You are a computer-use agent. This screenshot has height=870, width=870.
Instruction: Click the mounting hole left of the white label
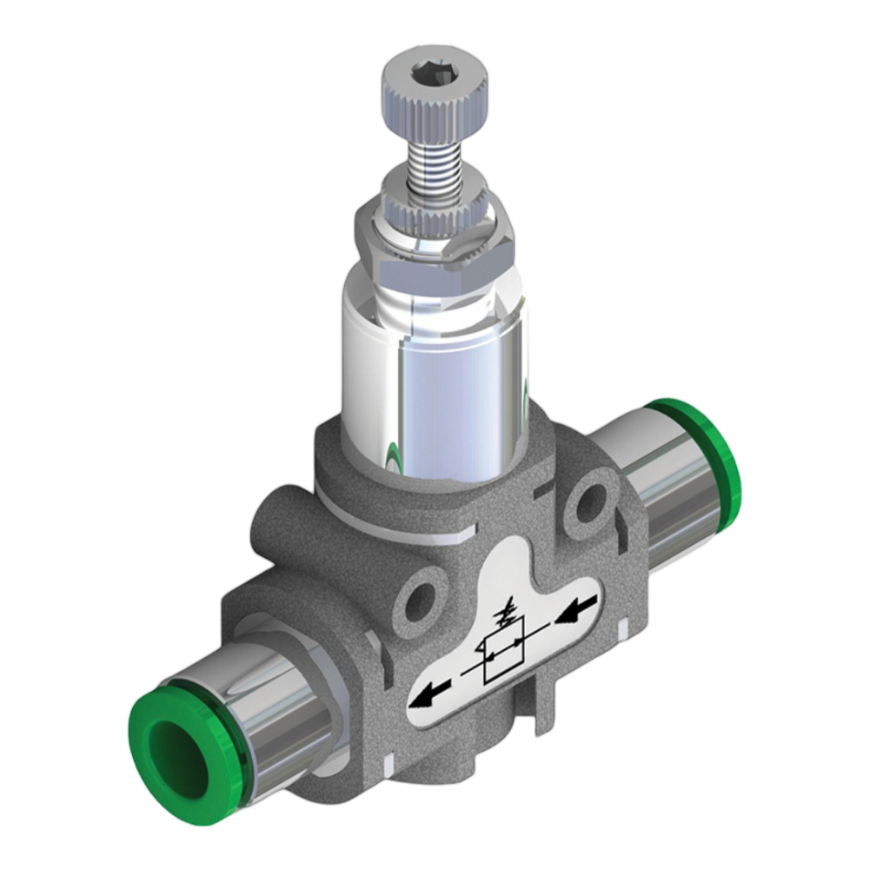(x=421, y=600)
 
